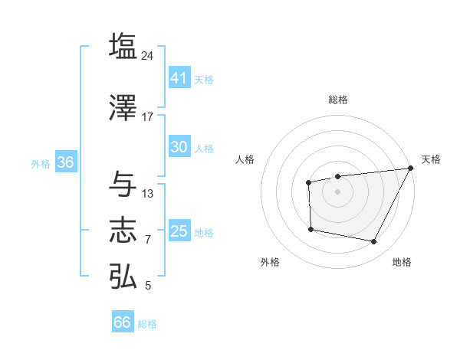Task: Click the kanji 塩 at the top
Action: pos(123,46)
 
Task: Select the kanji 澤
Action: pos(123,108)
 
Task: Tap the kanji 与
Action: pos(123,184)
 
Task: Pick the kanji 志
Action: pos(123,231)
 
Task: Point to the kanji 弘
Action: pos(123,276)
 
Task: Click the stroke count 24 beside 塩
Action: pos(148,55)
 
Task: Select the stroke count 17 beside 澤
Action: pos(148,117)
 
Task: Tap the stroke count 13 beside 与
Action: pos(148,193)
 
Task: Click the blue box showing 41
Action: pos(179,77)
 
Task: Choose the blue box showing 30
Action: pos(179,147)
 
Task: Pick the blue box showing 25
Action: pos(179,231)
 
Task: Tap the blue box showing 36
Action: pos(65,162)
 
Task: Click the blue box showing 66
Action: pos(123,322)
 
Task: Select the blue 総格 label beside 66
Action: pos(147,324)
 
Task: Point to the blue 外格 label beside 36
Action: pos(41,164)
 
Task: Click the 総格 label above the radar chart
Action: pos(337,100)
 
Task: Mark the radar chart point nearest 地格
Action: pos(374,242)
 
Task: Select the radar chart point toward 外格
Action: pos(310,229)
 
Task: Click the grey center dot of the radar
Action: pos(337,191)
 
